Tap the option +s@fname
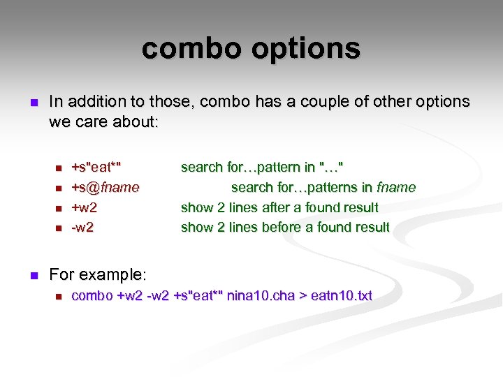tap(105, 187)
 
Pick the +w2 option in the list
tap(85, 207)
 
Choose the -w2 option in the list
tap(82, 227)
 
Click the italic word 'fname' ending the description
tap(396, 187)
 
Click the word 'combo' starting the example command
tap(92, 296)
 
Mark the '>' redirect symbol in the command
tap(304, 296)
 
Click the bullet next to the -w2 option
tap(58, 228)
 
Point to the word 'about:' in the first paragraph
tap(138, 121)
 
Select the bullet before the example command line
tap(58, 297)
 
